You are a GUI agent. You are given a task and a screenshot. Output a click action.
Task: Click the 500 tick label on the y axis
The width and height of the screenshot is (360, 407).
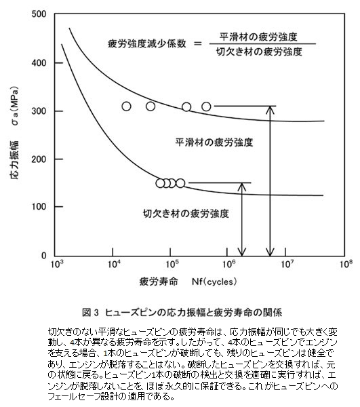(39, 14)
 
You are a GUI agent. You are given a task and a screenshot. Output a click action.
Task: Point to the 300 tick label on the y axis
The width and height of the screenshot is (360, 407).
(39, 111)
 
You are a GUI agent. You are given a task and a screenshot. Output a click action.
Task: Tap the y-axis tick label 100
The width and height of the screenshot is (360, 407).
(39, 207)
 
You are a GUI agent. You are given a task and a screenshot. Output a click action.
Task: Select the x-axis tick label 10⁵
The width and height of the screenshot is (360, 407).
(170, 264)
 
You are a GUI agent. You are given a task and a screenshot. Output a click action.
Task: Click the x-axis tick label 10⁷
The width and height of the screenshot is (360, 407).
(285, 264)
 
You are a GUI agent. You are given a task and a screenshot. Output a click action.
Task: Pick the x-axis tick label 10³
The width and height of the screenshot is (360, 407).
(55, 264)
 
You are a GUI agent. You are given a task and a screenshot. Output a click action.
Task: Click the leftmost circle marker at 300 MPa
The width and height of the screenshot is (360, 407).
(126, 106)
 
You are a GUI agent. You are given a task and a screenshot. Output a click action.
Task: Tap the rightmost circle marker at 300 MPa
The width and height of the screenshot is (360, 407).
(206, 106)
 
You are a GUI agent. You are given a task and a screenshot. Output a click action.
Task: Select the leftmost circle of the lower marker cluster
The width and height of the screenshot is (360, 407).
(160, 183)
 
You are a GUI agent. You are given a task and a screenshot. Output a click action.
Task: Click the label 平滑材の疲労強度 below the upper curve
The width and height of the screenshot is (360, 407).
(214, 142)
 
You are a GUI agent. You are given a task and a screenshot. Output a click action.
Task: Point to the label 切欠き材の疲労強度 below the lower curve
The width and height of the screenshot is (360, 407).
(186, 214)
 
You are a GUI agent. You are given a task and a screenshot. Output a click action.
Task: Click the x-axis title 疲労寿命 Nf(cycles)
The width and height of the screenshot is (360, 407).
(188, 282)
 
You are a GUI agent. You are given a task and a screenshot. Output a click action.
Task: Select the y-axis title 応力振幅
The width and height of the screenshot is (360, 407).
(14, 160)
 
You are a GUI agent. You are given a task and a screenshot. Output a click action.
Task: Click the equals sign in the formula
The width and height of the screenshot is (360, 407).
(198, 43)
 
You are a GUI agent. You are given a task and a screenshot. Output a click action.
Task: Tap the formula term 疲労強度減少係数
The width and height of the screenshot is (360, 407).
(147, 43)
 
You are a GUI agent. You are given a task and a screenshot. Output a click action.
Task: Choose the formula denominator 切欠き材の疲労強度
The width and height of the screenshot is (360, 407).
(260, 52)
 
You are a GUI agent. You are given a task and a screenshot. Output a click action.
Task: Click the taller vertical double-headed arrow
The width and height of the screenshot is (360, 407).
(271, 181)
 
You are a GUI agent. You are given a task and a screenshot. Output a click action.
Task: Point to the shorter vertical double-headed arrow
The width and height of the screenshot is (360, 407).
(242, 220)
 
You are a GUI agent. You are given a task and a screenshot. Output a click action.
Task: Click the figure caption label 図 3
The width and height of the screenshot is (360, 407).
(91, 313)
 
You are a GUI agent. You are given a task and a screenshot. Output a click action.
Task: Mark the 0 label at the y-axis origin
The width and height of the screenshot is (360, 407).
(43, 256)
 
